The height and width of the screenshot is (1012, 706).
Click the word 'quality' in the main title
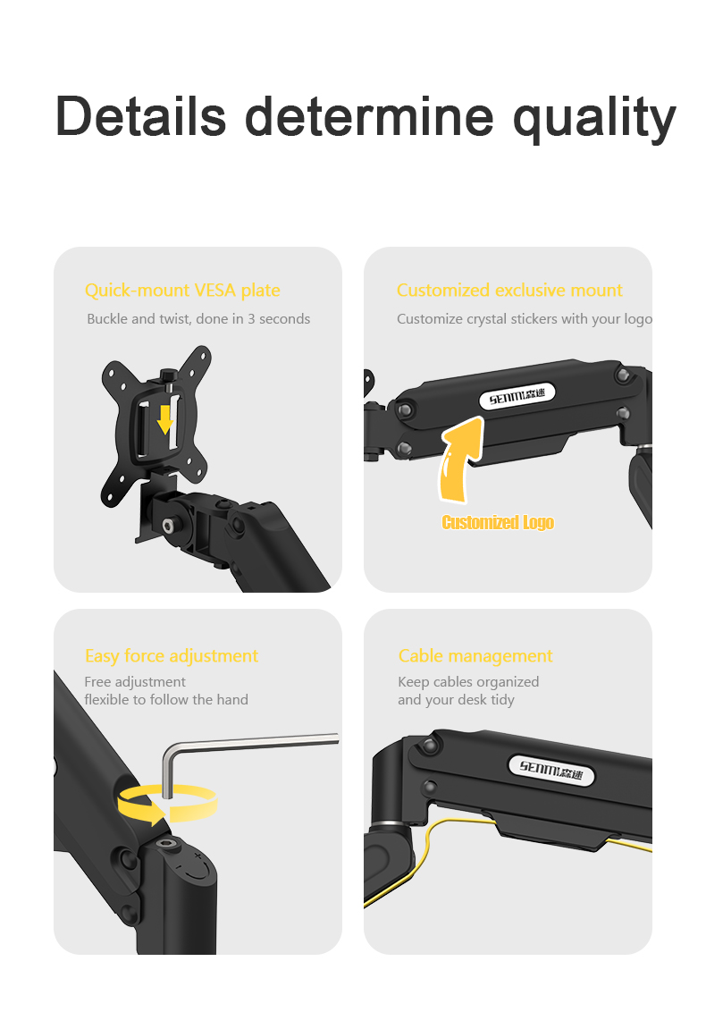(594, 116)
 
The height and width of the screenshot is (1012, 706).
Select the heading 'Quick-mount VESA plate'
(182, 291)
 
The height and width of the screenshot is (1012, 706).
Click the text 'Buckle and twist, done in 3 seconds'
(198, 319)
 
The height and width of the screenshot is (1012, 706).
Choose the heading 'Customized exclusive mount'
(509, 291)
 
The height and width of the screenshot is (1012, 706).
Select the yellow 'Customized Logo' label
(498, 523)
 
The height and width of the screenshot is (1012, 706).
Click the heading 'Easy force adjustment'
(172, 656)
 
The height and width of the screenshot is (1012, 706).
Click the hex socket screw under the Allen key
(165, 844)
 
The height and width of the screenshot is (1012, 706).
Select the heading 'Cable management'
(475, 656)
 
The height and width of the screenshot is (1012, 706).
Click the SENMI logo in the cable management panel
(551, 769)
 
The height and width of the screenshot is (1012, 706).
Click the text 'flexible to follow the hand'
(166, 700)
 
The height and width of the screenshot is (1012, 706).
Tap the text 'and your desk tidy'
(456, 700)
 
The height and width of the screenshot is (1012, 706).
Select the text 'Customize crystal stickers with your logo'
(524, 319)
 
